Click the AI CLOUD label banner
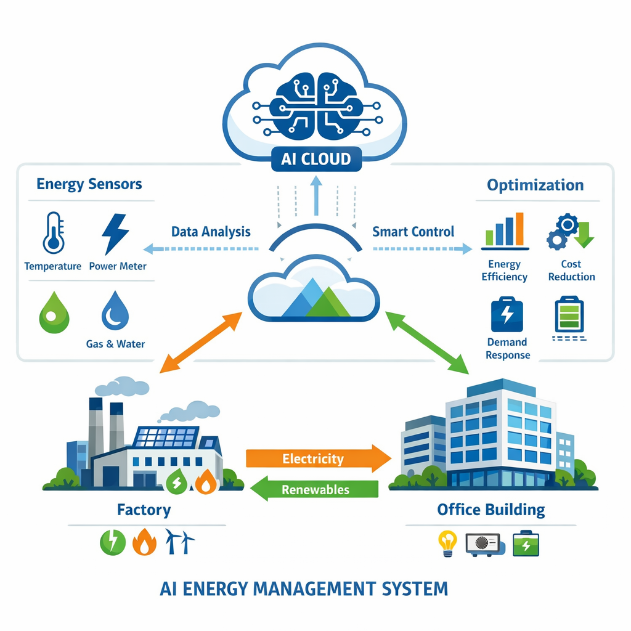click(x=315, y=159)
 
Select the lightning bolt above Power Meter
click(x=116, y=234)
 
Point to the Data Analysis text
click(x=211, y=232)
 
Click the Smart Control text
click(x=413, y=232)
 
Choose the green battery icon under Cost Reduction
click(x=569, y=315)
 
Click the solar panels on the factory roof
click(x=165, y=437)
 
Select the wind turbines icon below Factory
click(x=179, y=542)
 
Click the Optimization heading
click(x=535, y=185)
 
